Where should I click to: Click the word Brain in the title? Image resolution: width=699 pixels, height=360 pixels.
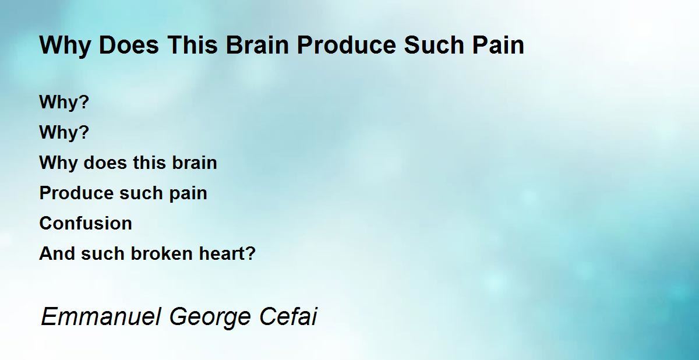(x=257, y=45)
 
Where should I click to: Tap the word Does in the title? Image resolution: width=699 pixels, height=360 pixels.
(x=129, y=45)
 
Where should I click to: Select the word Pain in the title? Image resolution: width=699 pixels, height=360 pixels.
(x=498, y=45)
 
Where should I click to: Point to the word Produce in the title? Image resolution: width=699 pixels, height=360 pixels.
(x=347, y=45)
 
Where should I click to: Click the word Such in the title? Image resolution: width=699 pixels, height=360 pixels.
(x=434, y=45)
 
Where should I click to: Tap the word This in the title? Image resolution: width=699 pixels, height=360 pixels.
(x=192, y=45)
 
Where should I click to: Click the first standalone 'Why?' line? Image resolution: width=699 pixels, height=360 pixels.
(x=64, y=103)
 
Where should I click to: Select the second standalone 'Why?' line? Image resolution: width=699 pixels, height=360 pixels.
(x=64, y=133)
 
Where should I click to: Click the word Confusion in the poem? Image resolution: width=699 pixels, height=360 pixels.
(x=86, y=223)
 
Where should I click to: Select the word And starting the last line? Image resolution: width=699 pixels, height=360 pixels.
(x=57, y=253)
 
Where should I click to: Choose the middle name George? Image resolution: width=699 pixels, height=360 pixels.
(x=210, y=317)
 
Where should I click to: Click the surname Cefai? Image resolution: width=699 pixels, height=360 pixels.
(x=288, y=317)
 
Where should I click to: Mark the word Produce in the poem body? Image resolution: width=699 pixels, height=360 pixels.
(x=76, y=193)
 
